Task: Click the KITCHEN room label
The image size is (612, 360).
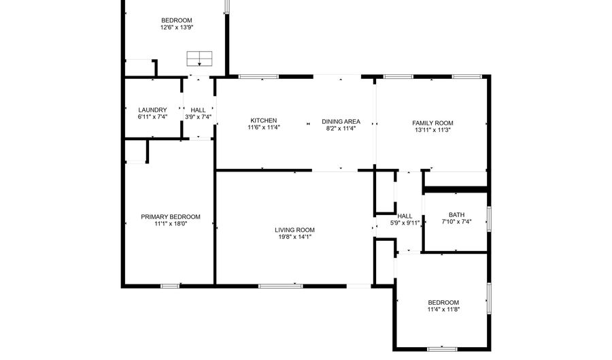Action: (263, 120)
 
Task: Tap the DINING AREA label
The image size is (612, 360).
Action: (341, 121)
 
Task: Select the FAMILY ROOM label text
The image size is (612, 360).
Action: (432, 123)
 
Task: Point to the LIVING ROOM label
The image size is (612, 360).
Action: (294, 230)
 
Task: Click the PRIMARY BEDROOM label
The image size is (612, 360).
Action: (171, 216)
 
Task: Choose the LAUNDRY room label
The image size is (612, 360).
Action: (152, 110)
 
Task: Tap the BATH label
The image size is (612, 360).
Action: (457, 215)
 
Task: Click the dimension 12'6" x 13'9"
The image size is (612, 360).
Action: (177, 27)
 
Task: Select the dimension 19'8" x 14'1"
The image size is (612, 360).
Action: (294, 237)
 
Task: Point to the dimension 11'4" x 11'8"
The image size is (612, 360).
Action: (443, 309)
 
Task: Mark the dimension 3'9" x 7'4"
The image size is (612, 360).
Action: (198, 117)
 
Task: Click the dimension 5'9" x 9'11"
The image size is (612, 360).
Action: (405, 223)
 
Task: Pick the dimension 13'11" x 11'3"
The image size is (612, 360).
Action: (432, 129)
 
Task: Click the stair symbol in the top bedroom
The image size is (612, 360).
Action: (199, 59)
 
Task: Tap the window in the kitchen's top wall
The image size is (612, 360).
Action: (258, 76)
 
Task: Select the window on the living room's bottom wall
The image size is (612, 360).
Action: (280, 287)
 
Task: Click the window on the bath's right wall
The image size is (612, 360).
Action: (489, 219)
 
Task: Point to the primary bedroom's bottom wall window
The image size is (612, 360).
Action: (170, 287)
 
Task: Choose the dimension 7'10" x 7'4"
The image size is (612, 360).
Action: (457, 221)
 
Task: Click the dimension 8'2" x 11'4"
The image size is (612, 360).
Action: (341, 128)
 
